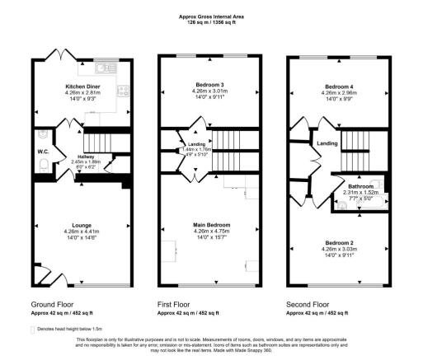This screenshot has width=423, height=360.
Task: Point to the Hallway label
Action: click(87, 157)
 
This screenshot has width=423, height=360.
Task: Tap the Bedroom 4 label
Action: click(339, 86)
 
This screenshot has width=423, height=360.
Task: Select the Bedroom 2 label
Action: click(339, 244)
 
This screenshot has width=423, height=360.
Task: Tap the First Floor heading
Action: click(174, 303)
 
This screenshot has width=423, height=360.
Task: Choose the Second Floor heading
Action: click(306, 303)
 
